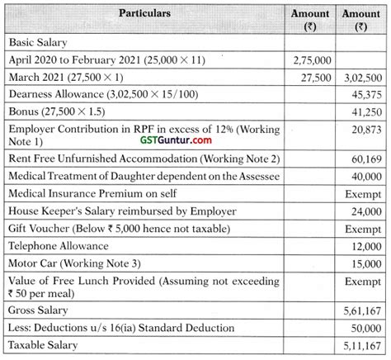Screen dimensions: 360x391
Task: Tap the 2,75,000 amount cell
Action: (311, 59)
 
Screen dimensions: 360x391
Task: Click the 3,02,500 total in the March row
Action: (361, 78)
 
